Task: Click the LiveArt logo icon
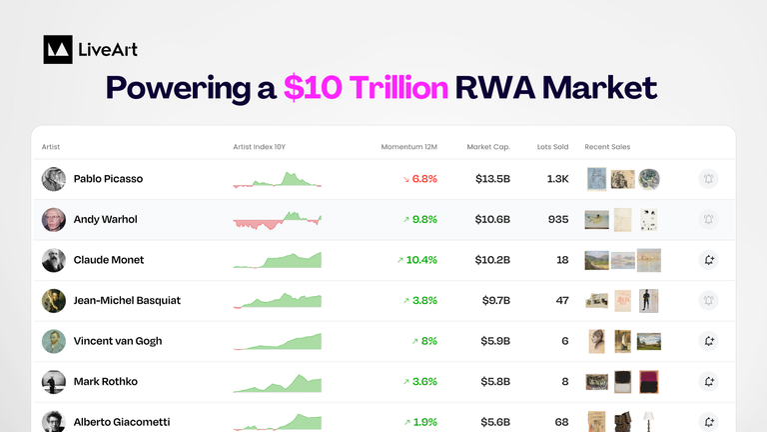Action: [58, 49]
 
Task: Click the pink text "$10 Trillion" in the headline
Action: [365, 88]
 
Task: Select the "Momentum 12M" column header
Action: [408, 147]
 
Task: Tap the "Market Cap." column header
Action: [488, 147]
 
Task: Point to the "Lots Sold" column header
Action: [552, 147]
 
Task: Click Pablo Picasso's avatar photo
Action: [54, 179]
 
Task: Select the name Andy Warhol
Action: [105, 220]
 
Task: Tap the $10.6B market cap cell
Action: [492, 220]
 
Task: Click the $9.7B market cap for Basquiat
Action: [495, 300]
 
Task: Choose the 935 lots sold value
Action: [558, 220]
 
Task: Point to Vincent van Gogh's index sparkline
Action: [278, 342]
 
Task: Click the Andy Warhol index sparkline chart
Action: [278, 220]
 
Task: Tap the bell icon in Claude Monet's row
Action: [709, 260]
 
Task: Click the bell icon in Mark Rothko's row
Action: [709, 381]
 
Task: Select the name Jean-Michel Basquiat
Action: [127, 300]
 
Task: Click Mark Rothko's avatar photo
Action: [54, 381]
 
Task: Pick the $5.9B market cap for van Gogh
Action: [495, 341]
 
